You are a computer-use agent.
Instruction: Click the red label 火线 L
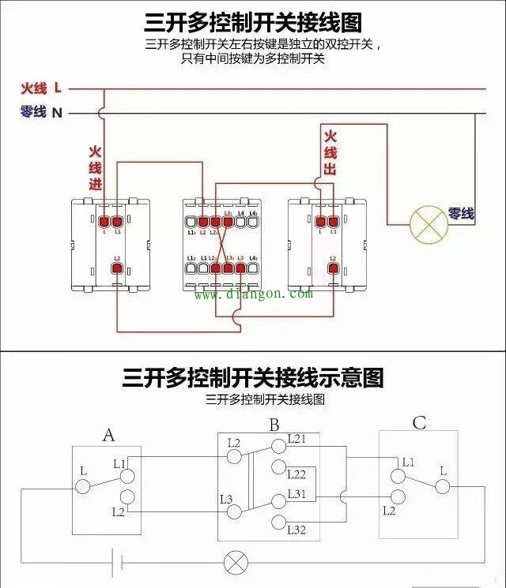[41, 88]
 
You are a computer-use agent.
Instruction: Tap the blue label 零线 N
[41, 113]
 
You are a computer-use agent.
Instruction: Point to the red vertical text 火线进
[95, 168]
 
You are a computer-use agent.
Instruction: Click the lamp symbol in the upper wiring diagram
[428, 223]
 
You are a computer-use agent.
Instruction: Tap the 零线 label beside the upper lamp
[461, 213]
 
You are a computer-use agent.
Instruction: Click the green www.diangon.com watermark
[254, 294]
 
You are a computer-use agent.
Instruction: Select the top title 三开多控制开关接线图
[253, 21]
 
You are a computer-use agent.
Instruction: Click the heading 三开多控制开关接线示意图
[253, 377]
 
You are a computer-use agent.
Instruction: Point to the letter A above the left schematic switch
[109, 435]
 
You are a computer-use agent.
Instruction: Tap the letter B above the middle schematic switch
[274, 425]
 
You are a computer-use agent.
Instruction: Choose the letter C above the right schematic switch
[418, 423]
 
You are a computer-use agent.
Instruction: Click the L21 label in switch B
[296, 438]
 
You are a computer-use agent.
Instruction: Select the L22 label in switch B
[296, 474]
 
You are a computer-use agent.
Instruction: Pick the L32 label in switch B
[296, 529]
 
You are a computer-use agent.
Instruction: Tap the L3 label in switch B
[225, 499]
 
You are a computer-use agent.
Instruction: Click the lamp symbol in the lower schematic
[235, 563]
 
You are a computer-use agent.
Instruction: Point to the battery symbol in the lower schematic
[117, 562]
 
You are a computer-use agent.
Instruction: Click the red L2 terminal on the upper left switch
[117, 269]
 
